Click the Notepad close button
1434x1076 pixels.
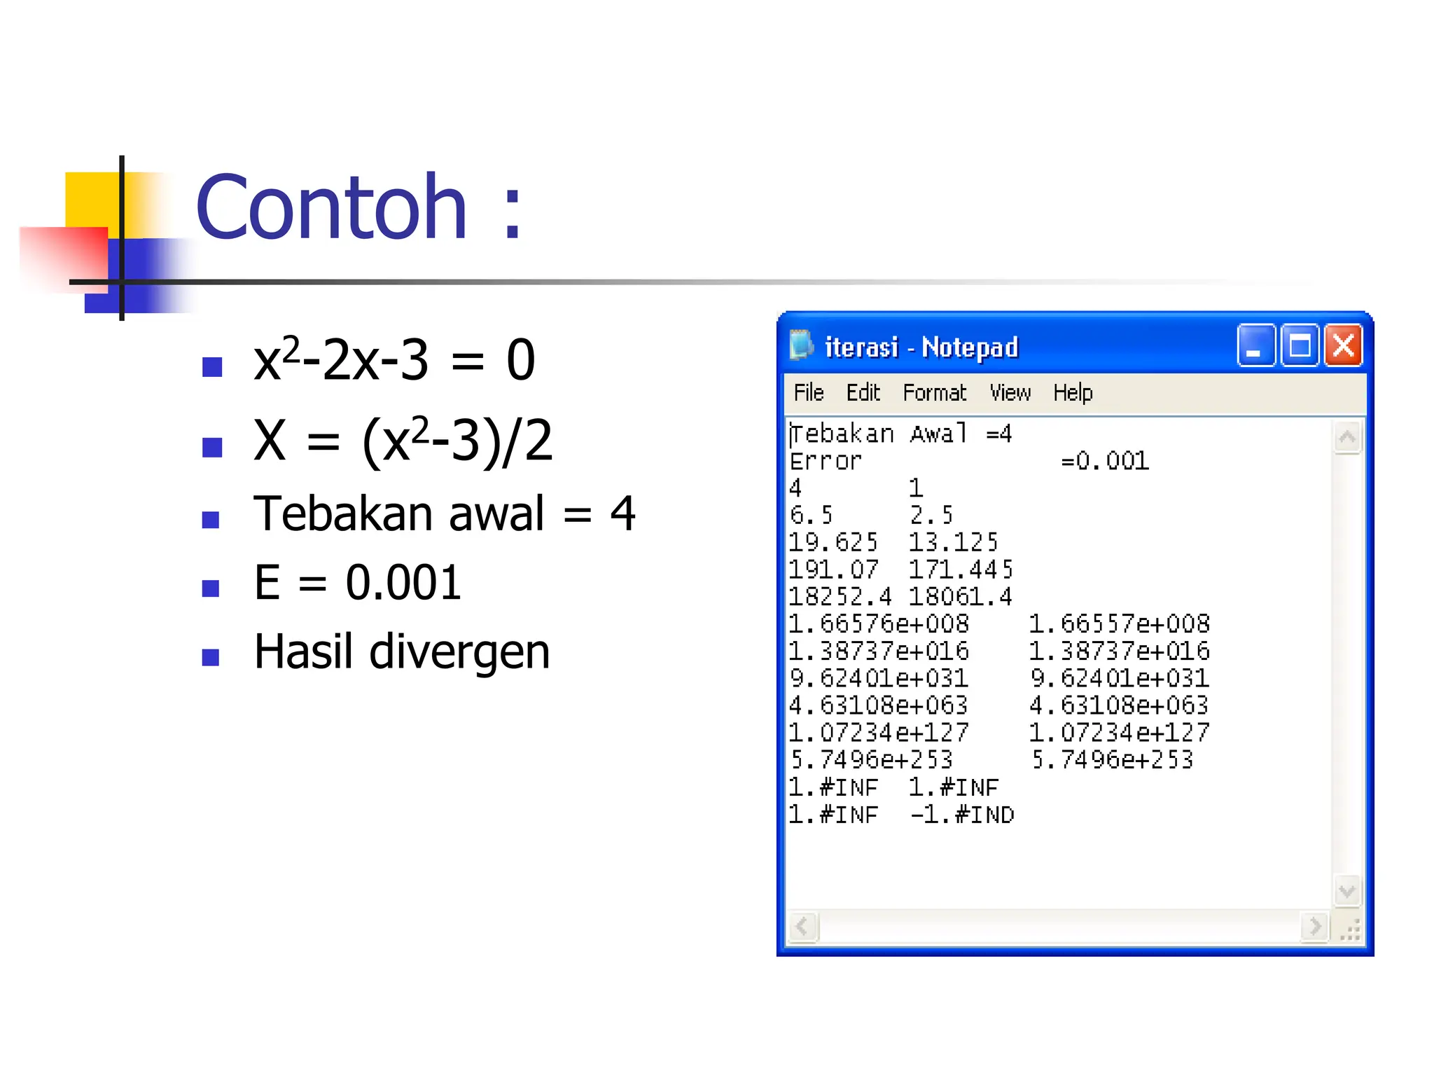pyautogui.click(x=1343, y=345)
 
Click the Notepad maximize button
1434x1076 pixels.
pyautogui.click(x=1300, y=345)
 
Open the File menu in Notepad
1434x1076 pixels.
pyautogui.click(x=809, y=392)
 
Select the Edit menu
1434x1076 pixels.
pyautogui.click(x=863, y=392)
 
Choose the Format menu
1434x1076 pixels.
pyautogui.click(x=934, y=392)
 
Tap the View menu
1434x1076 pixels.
pyautogui.click(x=1010, y=392)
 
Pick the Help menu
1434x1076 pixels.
pyautogui.click(x=1073, y=392)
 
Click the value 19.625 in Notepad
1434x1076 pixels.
pyautogui.click(x=833, y=542)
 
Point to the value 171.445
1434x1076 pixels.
pyautogui.click(x=961, y=570)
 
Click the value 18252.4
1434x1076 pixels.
pyautogui.click(x=840, y=597)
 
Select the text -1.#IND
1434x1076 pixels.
pyautogui.click(x=962, y=815)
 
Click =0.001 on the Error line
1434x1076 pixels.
pyautogui.click(x=1105, y=461)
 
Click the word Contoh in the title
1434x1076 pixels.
pyautogui.click(x=331, y=207)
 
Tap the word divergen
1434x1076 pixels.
pyautogui.click(x=459, y=651)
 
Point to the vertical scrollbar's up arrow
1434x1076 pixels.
pyautogui.click(x=1347, y=438)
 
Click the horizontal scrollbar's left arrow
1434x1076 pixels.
pyautogui.click(x=803, y=927)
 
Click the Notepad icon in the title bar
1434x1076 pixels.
pyautogui.click(x=801, y=345)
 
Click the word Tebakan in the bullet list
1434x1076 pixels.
pyautogui.click(x=344, y=513)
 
